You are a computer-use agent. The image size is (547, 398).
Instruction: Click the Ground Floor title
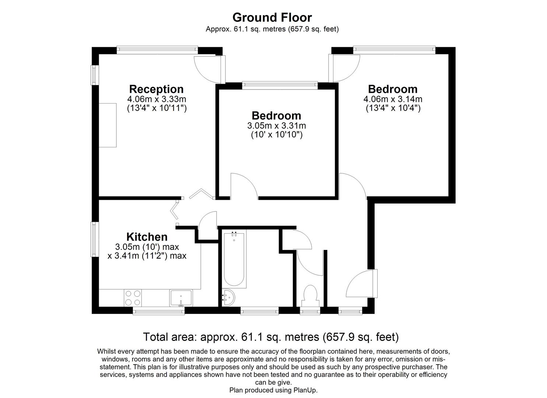tap(272, 17)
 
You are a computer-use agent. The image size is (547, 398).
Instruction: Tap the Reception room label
tap(156, 89)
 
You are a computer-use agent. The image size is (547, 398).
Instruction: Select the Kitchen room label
tap(147, 237)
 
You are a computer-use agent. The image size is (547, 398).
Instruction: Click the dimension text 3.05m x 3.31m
tap(277, 126)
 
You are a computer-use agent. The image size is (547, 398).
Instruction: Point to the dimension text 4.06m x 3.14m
tap(393, 99)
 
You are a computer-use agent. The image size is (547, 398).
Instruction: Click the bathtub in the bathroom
tap(234, 260)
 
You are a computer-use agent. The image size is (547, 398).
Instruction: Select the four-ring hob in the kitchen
tap(133, 298)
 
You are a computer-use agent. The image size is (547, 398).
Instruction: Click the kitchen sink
tap(181, 298)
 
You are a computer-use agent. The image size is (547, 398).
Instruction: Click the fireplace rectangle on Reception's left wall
tap(108, 125)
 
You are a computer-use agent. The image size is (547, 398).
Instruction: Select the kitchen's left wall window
tap(95, 240)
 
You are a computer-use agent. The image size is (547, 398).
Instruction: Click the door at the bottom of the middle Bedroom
tap(244, 187)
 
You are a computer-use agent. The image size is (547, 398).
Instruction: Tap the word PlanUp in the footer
tap(305, 390)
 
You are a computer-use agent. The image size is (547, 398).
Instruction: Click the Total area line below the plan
tap(271, 337)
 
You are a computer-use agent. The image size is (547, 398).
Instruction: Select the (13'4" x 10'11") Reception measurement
tap(157, 108)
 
